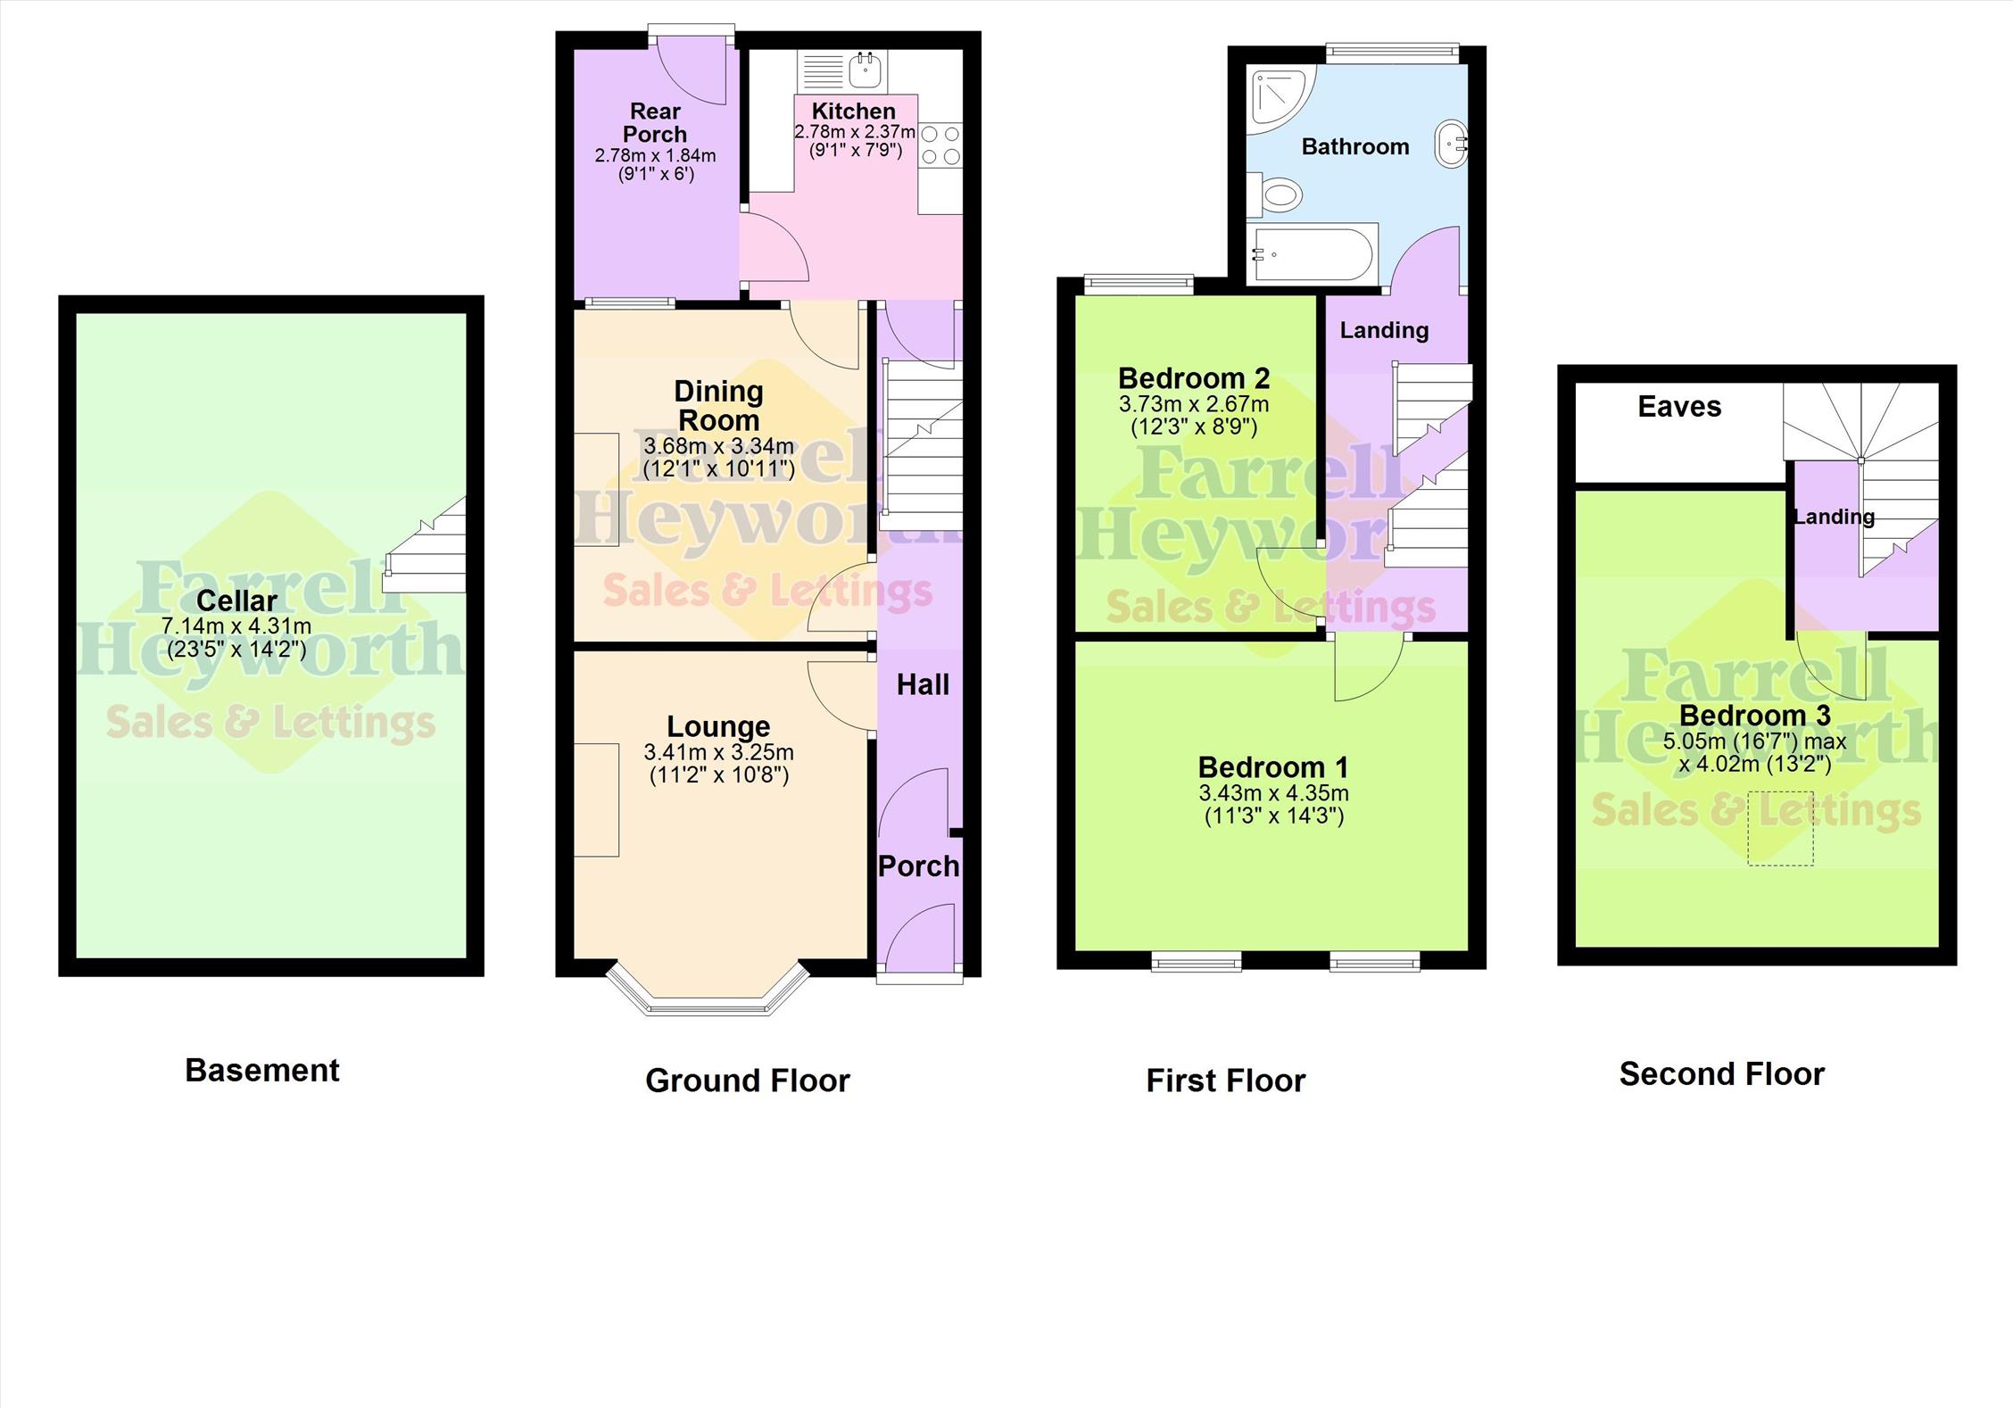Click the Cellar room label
pyautogui.click(x=236, y=600)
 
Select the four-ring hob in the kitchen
pyautogui.click(x=940, y=145)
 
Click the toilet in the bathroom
pyautogui.click(x=1274, y=194)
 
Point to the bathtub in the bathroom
pyautogui.click(x=1316, y=254)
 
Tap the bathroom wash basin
pyautogui.click(x=1452, y=144)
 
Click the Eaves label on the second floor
pyautogui.click(x=1679, y=407)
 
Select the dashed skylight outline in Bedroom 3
pyautogui.click(x=1780, y=828)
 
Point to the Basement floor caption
pyautogui.click(x=262, y=1070)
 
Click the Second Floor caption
pyautogui.click(x=1722, y=1073)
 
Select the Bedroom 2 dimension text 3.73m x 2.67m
pyautogui.click(x=1194, y=404)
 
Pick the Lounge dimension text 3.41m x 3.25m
pyautogui.click(x=718, y=752)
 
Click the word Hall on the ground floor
pyautogui.click(x=923, y=684)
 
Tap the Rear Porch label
pyautogui.click(x=655, y=123)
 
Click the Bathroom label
pyautogui.click(x=1355, y=146)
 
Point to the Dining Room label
pyautogui.click(x=718, y=405)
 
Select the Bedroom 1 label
pyautogui.click(x=1273, y=767)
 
